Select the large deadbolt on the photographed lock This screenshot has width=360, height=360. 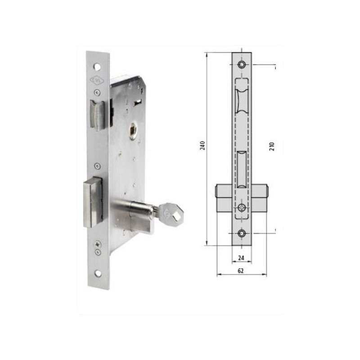(x=93, y=201)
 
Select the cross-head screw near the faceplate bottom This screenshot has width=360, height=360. (x=98, y=244)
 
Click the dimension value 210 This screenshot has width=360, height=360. (x=272, y=146)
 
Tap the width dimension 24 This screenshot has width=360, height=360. (x=241, y=258)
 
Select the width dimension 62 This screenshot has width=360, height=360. (x=241, y=271)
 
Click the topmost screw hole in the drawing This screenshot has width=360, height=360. (x=242, y=65)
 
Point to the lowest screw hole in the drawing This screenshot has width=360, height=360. (x=242, y=233)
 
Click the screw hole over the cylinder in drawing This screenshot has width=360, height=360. (x=242, y=207)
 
